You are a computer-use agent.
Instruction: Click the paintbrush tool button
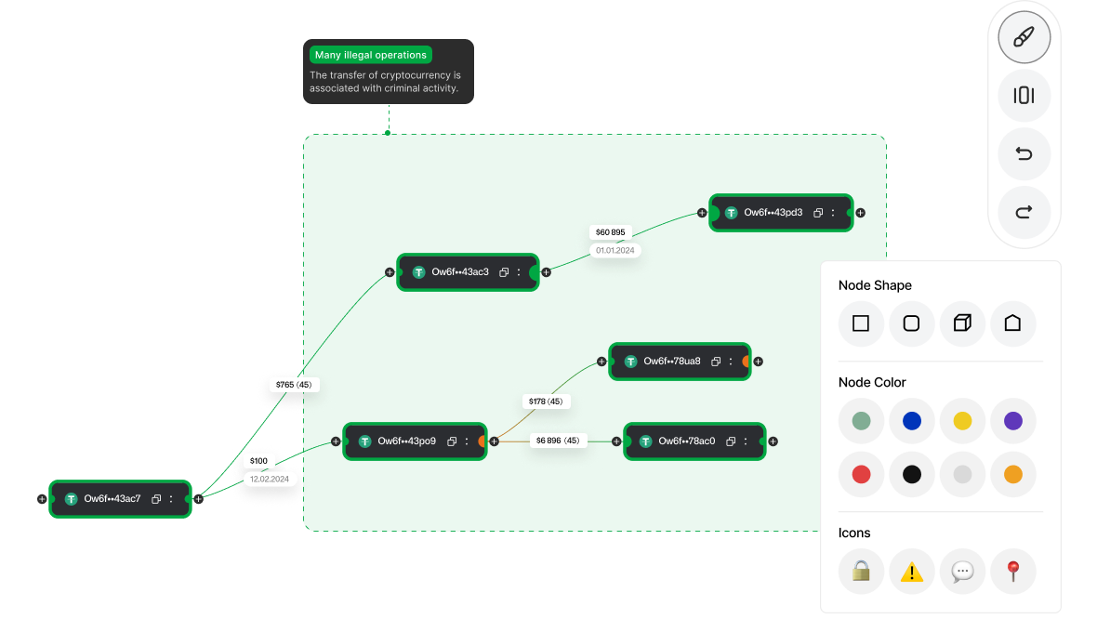pos(1024,37)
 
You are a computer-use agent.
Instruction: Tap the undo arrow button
pos(1024,154)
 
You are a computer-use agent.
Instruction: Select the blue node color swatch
pos(912,420)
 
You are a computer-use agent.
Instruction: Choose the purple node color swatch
pos(1013,420)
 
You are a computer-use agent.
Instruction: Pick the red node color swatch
pos(861,474)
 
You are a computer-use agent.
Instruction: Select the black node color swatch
pos(912,474)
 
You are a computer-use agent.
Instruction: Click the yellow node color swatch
pos(963,420)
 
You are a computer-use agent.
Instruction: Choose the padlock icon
pos(861,572)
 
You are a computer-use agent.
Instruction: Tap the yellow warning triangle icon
pos(912,573)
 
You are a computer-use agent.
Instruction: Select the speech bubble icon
pos(963,572)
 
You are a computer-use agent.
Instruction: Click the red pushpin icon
pos(1013,571)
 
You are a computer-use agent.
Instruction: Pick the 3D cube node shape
pos(963,323)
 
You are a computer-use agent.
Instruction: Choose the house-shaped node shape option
pos(1012,323)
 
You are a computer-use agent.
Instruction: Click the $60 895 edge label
pos(611,232)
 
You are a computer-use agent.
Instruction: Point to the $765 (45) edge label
pos(294,385)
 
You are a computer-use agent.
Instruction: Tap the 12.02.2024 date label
pos(270,479)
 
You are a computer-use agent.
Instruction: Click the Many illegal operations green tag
pos(371,55)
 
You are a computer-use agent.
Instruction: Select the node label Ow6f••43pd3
pos(773,213)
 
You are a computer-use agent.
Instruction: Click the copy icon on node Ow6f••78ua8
pos(716,362)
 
